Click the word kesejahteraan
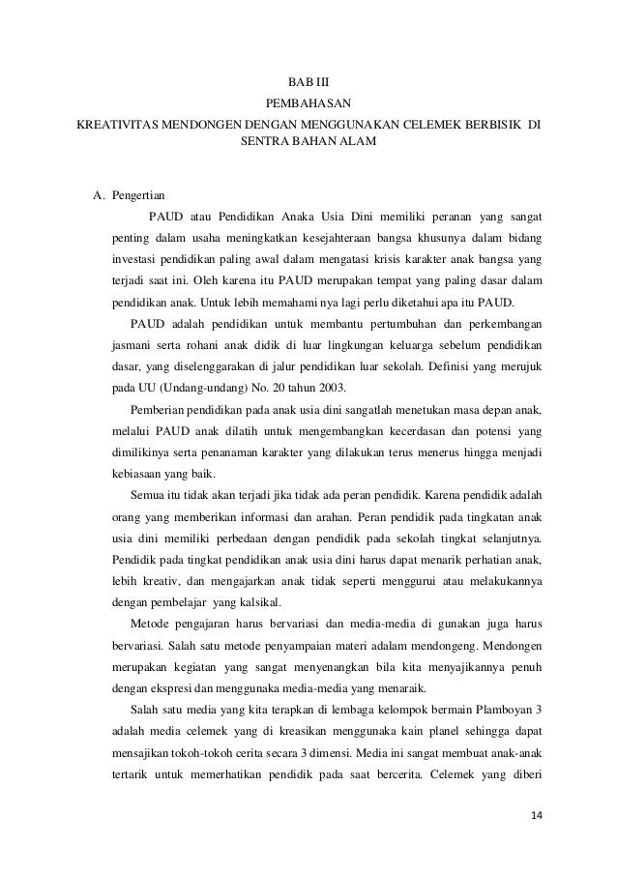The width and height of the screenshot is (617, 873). pos(342,237)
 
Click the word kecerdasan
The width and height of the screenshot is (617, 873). pos(415,430)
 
